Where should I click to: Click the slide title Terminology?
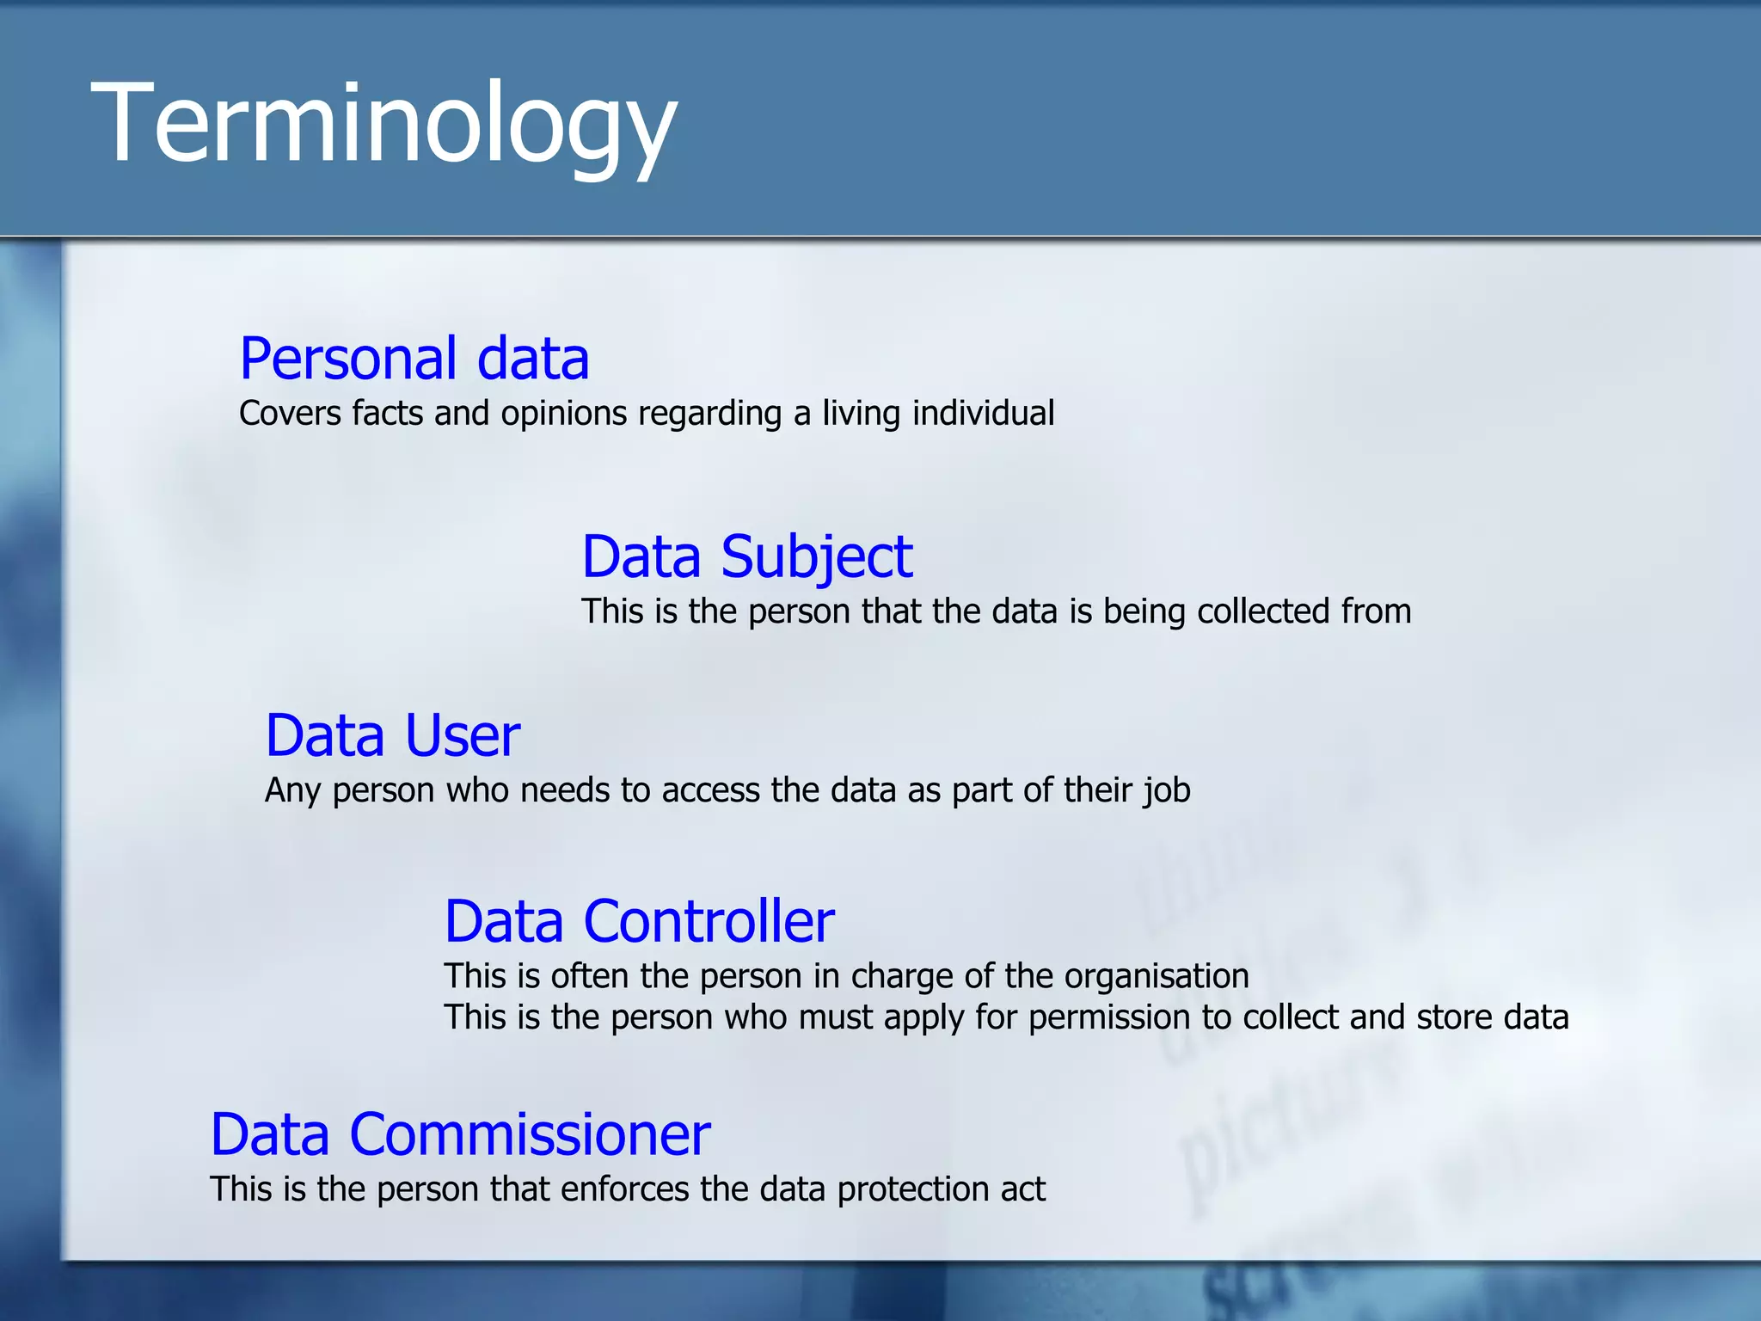pyautogui.click(x=383, y=122)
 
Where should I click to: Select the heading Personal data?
pyautogui.click(x=414, y=359)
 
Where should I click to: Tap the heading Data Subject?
pyautogui.click(x=746, y=556)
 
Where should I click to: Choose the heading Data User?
pyautogui.click(x=393, y=736)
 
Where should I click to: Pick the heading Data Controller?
pyautogui.click(x=639, y=922)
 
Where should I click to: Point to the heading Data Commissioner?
pyautogui.click(x=460, y=1134)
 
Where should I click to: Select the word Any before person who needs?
pyautogui.click(x=293, y=791)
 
